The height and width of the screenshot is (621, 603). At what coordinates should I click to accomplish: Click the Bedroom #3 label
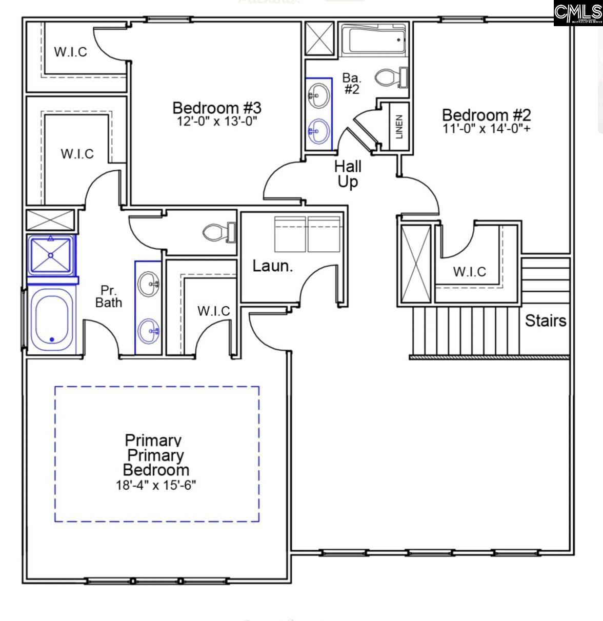point(216,108)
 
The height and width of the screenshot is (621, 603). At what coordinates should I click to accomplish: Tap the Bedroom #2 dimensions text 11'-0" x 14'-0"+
point(486,128)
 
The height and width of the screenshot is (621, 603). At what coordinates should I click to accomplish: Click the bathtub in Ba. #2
point(374,40)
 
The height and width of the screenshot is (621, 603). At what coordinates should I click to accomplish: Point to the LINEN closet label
point(399,126)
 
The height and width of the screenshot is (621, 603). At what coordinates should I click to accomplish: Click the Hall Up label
point(348,174)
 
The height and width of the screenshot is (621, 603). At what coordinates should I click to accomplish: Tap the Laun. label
point(272,266)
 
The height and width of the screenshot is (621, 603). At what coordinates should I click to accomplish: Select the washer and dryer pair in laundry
point(307,234)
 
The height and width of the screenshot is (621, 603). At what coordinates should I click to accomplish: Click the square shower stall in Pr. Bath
point(51,255)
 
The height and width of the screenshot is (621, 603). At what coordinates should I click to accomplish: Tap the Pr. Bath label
point(109,296)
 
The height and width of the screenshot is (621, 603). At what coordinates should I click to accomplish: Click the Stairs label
point(545,320)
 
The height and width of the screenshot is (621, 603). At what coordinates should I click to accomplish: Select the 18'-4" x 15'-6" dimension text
point(156,485)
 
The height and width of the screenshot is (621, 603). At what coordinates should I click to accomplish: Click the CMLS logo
point(578,13)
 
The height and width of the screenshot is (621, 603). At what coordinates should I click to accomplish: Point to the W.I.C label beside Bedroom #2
point(469,271)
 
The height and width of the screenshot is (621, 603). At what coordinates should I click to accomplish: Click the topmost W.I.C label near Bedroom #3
point(70,52)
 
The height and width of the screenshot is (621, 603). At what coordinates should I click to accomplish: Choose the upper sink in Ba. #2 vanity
point(319,95)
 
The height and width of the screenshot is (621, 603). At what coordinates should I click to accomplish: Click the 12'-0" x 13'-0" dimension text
point(216,122)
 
